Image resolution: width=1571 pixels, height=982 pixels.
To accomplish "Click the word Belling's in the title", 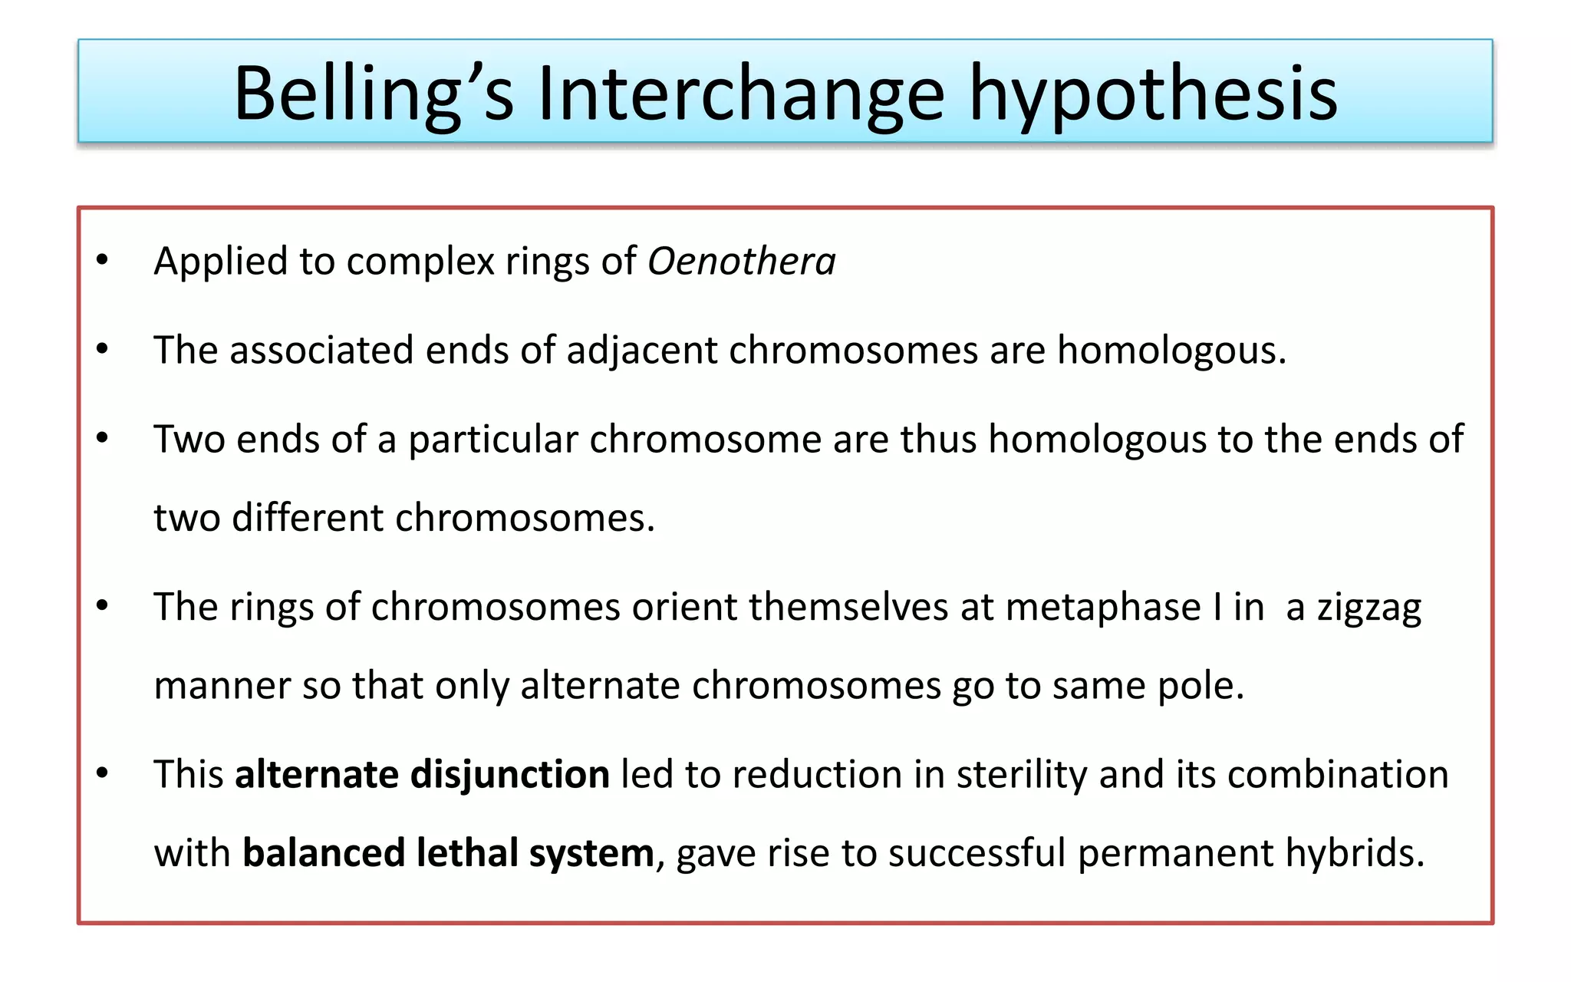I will pyautogui.click(x=373, y=94).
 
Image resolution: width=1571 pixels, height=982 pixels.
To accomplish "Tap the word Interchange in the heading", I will pyautogui.click(x=741, y=94).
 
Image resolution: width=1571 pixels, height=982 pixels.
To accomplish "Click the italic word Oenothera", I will pyautogui.click(x=741, y=262).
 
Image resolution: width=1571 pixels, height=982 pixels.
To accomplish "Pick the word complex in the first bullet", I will pyautogui.click(x=420, y=262).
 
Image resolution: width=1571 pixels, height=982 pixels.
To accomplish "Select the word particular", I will pyautogui.click(x=492, y=440).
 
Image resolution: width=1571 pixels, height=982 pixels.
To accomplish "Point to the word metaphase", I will pyautogui.click(x=1103, y=607).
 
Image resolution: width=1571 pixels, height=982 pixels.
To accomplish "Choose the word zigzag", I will pyautogui.click(x=1368, y=608).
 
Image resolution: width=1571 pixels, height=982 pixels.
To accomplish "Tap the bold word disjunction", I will pyautogui.click(x=510, y=774).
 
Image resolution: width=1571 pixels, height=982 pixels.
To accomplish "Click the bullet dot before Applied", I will pyautogui.click(x=102, y=260).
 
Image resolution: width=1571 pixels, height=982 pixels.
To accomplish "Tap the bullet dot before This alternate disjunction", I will pyautogui.click(x=102, y=773).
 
